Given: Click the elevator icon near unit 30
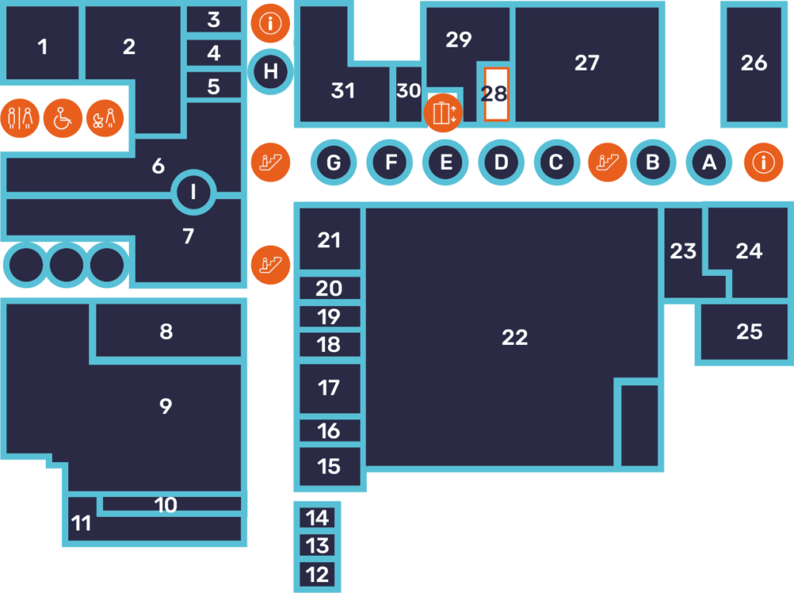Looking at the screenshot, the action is tap(443, 113).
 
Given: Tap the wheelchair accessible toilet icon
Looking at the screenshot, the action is tap(62, 119).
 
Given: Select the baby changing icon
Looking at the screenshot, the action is tap(105, 119).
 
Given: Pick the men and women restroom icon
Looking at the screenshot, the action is tap(19, 119).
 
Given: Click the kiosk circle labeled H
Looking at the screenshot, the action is tap(271, 71).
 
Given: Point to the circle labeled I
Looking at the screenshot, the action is tap(193, 192).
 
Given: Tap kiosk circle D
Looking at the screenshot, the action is tap(502, 163).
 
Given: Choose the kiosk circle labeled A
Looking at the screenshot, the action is tap(709, 163).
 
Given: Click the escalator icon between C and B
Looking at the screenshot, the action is tap(607, 163).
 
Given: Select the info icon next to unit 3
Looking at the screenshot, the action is tap(271, 23).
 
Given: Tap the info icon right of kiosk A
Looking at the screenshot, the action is tap(764, 163).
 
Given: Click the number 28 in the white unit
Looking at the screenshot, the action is tap(494, 94).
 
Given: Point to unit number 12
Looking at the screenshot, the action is tap(317, 574).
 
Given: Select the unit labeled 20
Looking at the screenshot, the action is tap(330, 288).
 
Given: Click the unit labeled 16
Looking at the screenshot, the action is tap(330, 431).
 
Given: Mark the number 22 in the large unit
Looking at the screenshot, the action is tap(515, 337).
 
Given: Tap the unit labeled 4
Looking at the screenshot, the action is tap(214, 53).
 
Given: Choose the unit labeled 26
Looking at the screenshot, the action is tap(754, 64).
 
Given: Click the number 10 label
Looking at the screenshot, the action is tap(166, 505).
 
